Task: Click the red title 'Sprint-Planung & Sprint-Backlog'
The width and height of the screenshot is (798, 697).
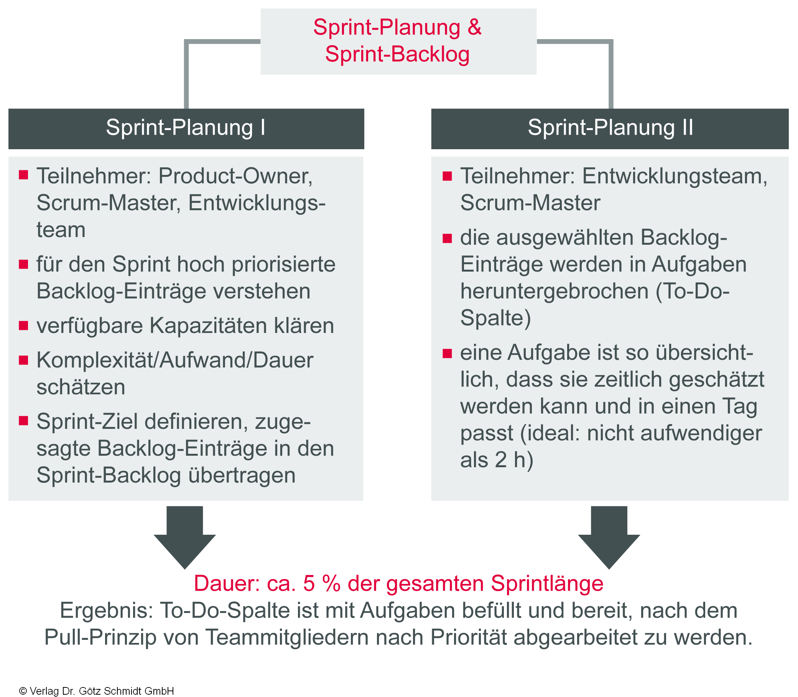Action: (397, 40)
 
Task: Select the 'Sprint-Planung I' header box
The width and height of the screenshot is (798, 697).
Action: (186, 128)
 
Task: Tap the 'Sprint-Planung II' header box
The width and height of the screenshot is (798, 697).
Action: (610, 128)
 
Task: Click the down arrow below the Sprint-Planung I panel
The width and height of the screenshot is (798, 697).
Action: (185, 537)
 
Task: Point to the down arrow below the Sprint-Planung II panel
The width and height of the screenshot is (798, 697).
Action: (609, 537)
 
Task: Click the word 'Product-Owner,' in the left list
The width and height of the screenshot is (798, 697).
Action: (235, 176)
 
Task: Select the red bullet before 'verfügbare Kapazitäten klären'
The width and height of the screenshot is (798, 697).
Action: (24, 325)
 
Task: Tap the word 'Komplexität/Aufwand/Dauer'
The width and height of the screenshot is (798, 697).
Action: (174, 360)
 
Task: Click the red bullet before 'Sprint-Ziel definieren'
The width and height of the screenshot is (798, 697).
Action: (24, 421)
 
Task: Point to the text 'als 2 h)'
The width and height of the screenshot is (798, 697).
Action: (497, 460)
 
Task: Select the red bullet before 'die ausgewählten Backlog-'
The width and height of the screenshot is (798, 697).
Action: (447, 238)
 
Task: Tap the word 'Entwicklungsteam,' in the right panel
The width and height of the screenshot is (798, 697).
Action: (675, 176)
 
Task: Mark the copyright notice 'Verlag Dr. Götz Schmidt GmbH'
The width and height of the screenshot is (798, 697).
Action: (102, 691)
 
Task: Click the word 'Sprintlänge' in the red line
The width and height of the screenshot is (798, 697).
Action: (547, 583)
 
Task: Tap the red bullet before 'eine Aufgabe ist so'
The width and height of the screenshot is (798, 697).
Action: (447, 353)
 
